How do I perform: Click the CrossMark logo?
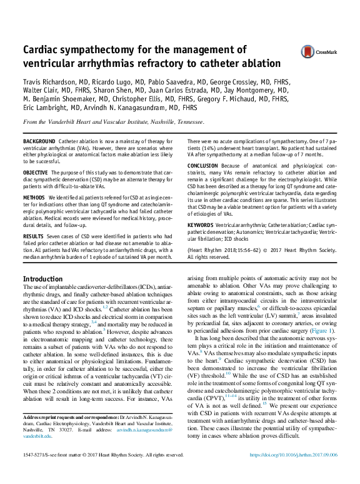[x=317, y=53]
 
